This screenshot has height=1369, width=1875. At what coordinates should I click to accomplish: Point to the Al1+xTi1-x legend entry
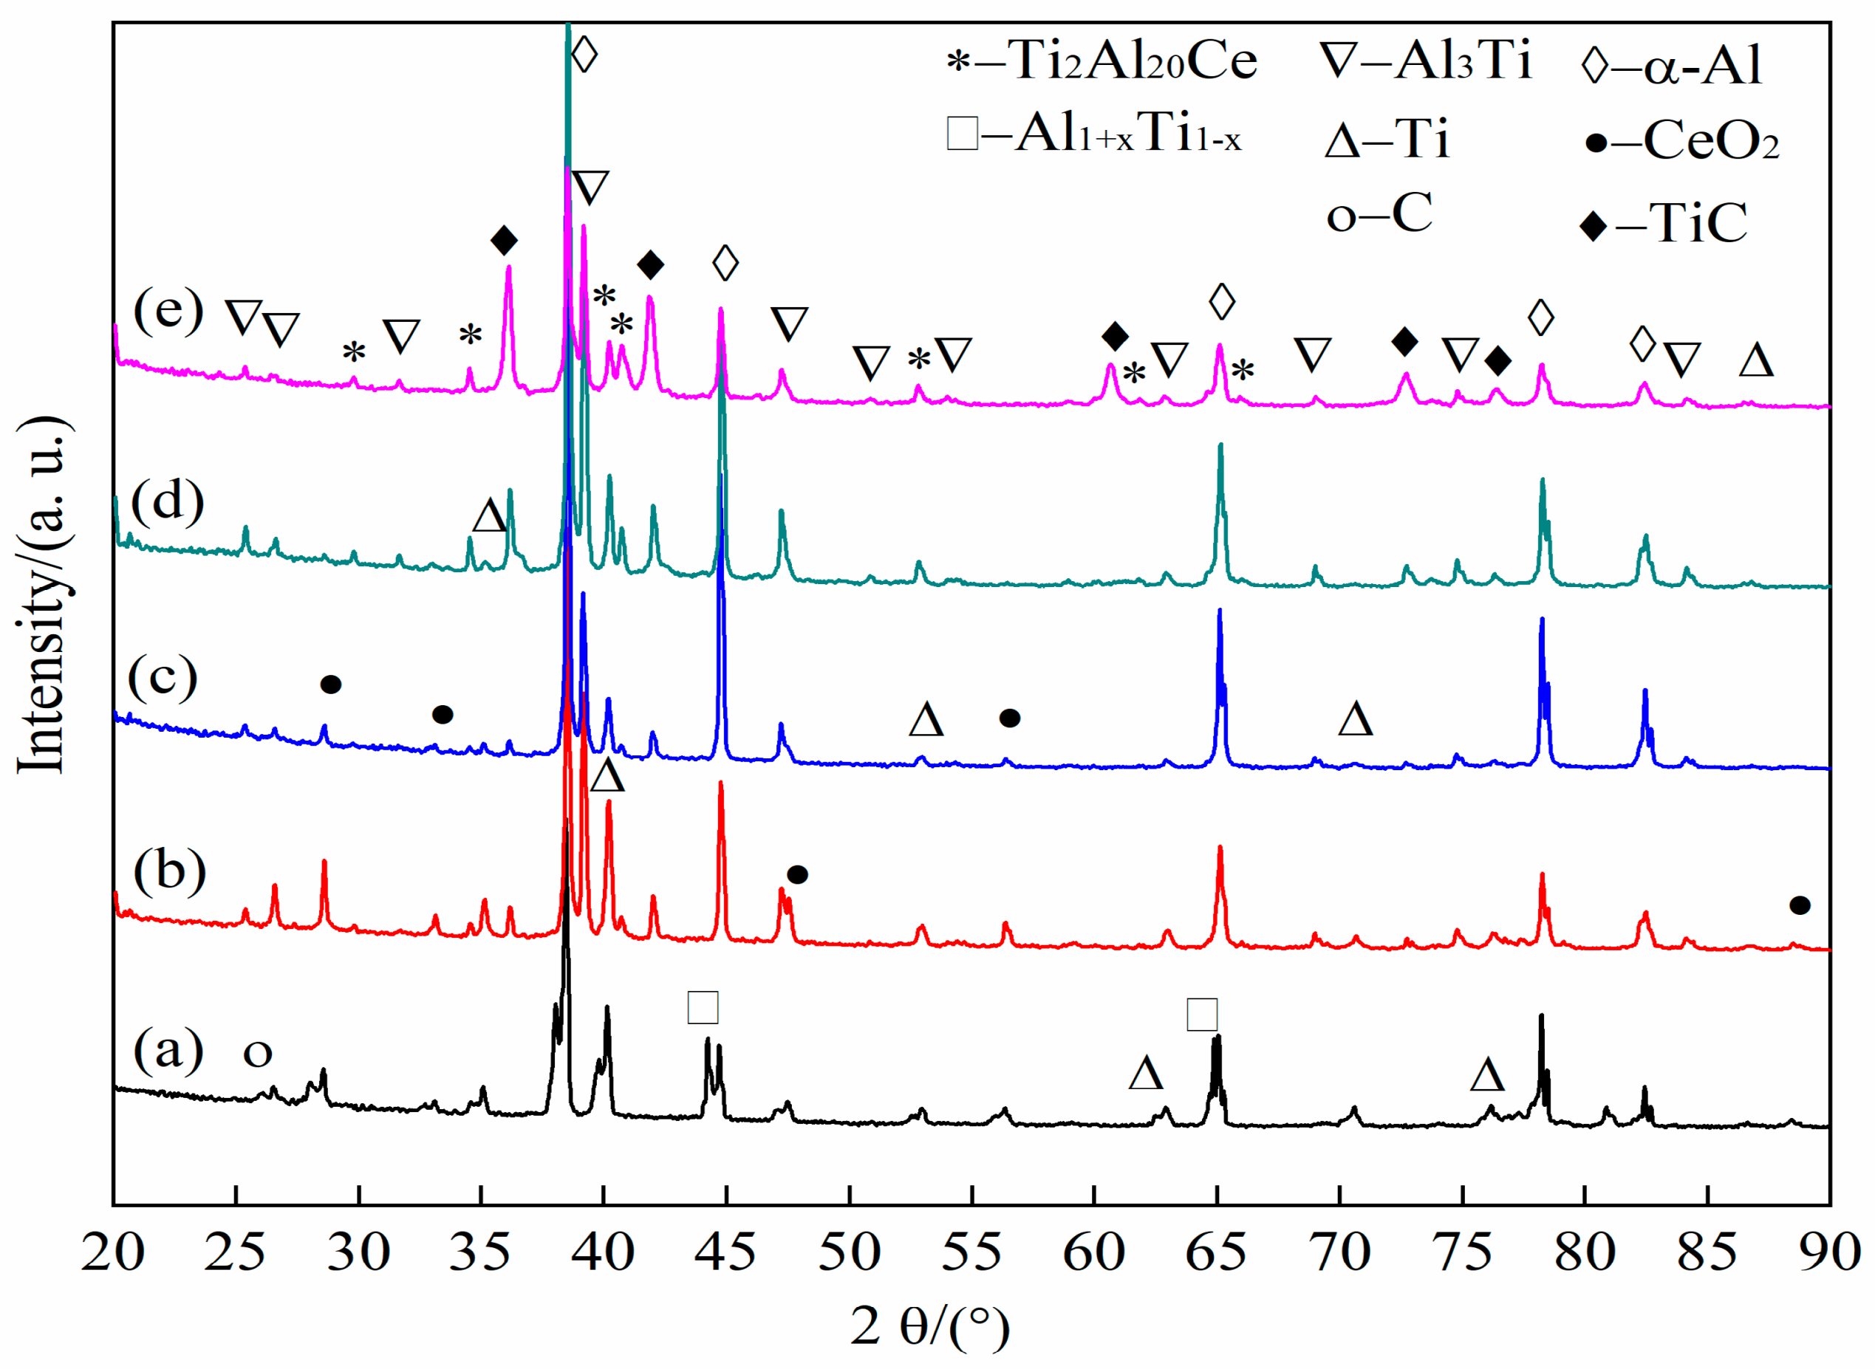pyautogui.click(x=1094, y=134)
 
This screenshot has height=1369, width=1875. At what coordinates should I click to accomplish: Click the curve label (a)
pyautogui.click(x=168, y=1050)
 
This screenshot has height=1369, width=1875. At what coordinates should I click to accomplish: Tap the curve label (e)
pyautogui.click(x=168, y=311)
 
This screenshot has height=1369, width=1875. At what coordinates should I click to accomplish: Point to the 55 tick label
pyautogui.click(x=971, y=1252)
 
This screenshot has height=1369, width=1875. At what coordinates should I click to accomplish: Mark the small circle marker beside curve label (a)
pyautogui.click(x=257, y=1053)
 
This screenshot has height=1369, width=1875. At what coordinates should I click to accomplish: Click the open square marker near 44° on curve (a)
pyautogui.click(x=703, y=1008)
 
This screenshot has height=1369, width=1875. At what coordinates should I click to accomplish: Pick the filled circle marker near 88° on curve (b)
pyautogui.click(x=1800, y=905)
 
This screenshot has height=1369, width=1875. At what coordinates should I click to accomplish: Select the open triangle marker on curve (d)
pyautogui.click(x=489, y=515)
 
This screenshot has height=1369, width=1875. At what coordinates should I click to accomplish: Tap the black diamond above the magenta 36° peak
pyautogui.click(x=504, y=241)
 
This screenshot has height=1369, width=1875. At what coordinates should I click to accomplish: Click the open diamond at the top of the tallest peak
pyautogui.click(x=584, y=55)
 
